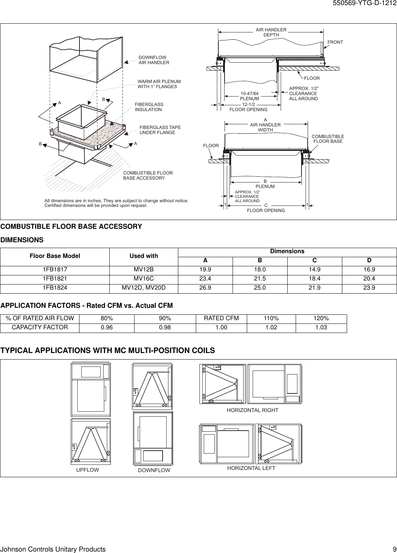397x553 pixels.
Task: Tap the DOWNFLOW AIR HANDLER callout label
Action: pyautogui.click(x=154, y=60)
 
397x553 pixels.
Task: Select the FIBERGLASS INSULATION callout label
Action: pyautogui.click(x=149, y=107)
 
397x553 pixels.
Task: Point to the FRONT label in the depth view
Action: pyautogui.click(x=335, y=42)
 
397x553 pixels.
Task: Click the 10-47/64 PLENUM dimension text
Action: pyautogui.click(x=250, y=96)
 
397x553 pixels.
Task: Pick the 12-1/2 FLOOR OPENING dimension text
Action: pyautogui.click(x=248, y=107)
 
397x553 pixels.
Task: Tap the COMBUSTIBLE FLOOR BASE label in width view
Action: pyautogui.click(x=328, y=139)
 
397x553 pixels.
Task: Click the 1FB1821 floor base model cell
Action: pyautogui.click(x=55, y=279)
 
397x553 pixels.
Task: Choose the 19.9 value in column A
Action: pyautogui.click(x=205, y=270)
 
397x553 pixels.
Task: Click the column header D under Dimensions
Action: pyautogui.click(x=369, y=260)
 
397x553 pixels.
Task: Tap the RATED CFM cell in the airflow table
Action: pyautogui.click(x=221, y=318)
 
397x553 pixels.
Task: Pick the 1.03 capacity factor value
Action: pyautogui.click(x=321, y=328)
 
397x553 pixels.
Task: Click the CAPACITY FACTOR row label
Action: pyautogui.click(x=40, y=328)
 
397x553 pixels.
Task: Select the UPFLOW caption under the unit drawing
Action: pyautogui.click(x=87, y=470)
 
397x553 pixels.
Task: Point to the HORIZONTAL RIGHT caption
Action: pyautogui.click(x=252, y=410)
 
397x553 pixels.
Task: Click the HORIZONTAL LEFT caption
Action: pyautogui.click(x=251, y=468)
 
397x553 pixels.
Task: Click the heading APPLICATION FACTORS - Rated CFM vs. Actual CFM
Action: pyautogui.click(x=87, y=305)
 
